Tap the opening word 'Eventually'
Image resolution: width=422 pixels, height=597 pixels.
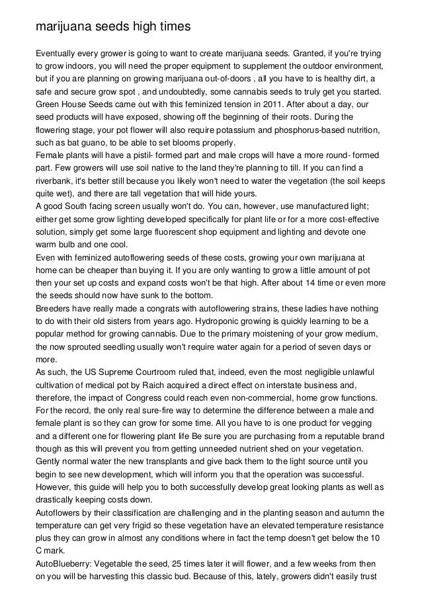coord(57,53)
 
